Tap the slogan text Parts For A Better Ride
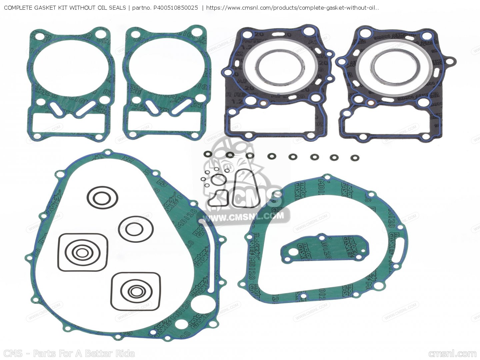[x=84, y=353]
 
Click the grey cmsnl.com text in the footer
[x=452, y=354]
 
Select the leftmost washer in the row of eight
[x=207, y=154]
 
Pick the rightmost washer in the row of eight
[x=355, y=158]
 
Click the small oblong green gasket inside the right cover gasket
[x=325, y=248]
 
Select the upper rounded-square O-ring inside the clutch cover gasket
[x=83, y=252]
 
